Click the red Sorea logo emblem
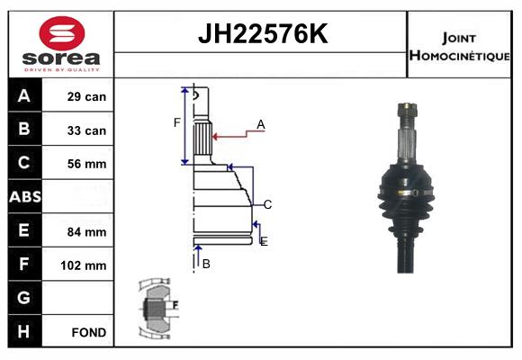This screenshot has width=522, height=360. tap(62, 33)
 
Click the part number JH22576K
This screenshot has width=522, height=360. tap(263, 34)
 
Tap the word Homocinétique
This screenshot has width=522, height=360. tap(460, 56)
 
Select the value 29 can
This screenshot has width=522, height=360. tap(86, 96)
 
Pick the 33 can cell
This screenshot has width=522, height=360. tap(86, 130)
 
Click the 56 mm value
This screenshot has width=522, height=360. tap(86, 164)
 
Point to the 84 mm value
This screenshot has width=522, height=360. tap(86, 232)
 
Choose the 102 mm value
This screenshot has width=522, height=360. tap(83, 265)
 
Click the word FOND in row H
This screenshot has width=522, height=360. tap(89, 332)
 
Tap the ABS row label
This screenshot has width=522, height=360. tap(25, 196)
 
